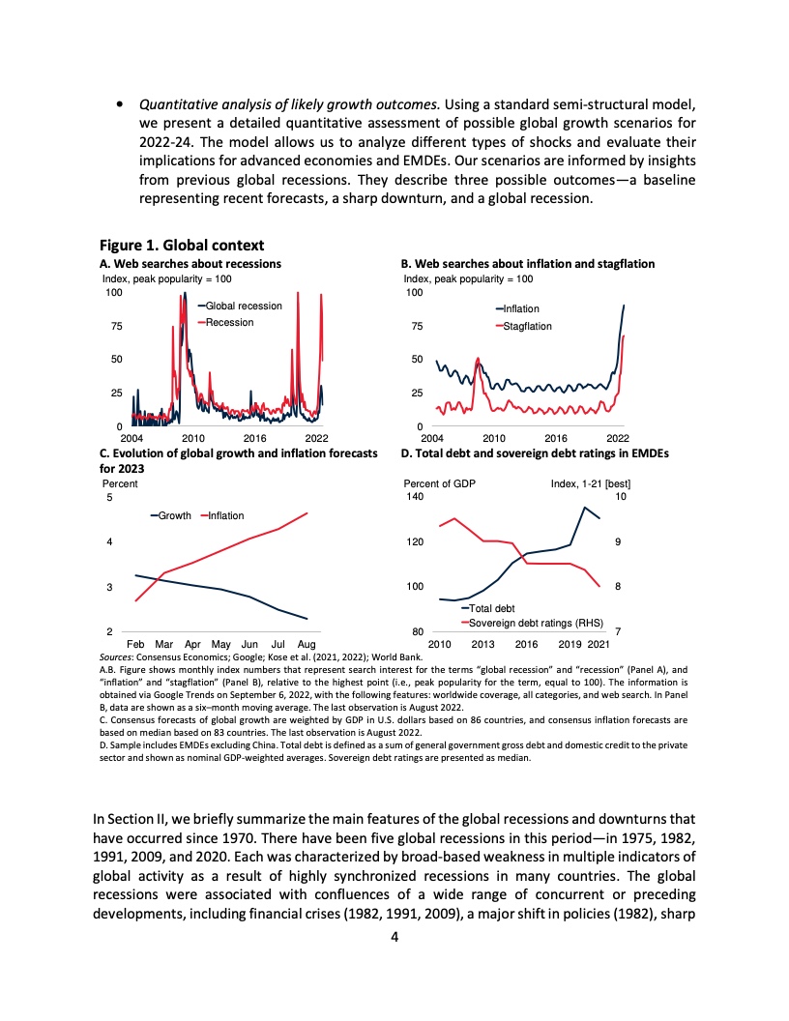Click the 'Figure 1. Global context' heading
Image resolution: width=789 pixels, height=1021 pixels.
(x=183, y=245)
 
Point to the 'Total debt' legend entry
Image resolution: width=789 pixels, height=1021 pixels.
(x=492, y=608)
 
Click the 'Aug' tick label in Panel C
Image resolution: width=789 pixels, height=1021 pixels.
(x=307, y=643)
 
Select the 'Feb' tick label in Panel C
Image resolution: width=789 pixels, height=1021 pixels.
(x=135, y=643)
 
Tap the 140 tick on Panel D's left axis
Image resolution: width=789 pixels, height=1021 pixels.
(x=414, y=497)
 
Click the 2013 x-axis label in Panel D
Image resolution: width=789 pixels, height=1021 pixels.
(x=483, y=643)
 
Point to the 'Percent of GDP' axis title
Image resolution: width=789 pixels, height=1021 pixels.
(x=440, y=483)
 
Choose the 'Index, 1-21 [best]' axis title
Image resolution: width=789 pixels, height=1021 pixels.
(x=590, y=483)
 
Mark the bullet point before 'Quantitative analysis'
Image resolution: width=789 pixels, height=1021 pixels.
(x=118, y=103)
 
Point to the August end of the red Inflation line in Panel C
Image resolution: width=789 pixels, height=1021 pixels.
(x=307, y=513)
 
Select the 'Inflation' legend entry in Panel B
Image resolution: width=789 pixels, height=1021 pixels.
(x=522, y=309)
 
